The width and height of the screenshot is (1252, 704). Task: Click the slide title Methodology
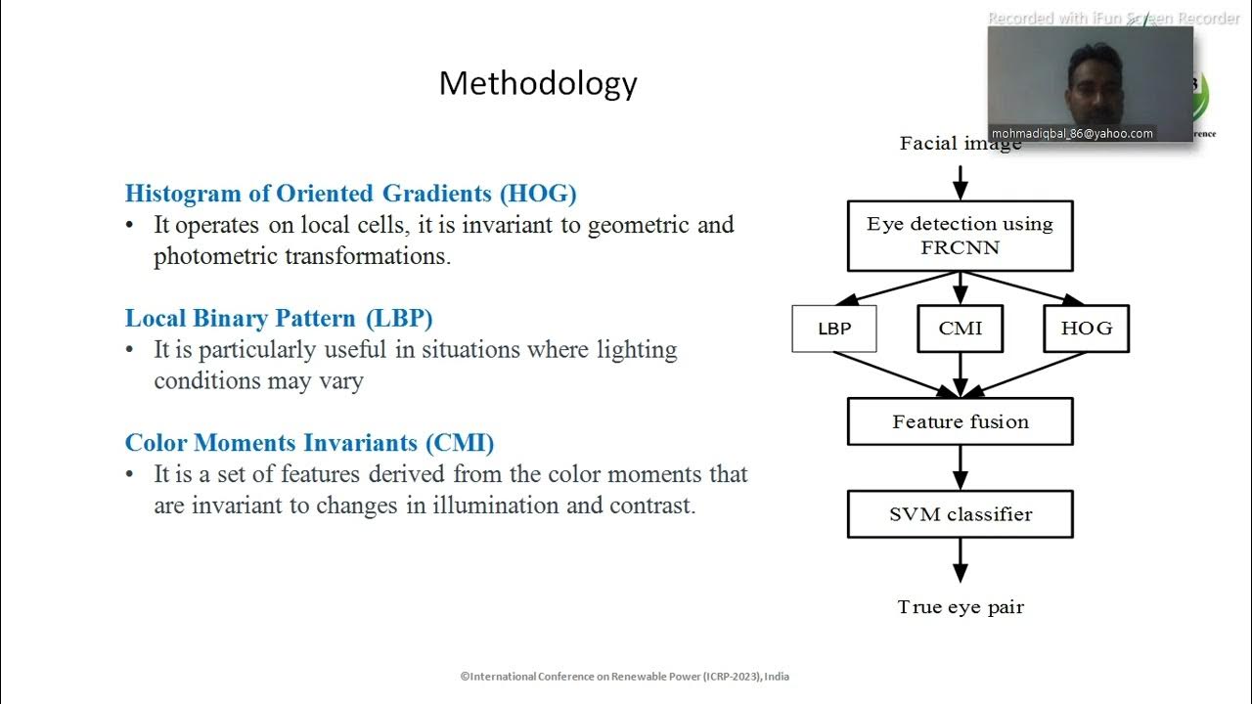[x=538, y=83]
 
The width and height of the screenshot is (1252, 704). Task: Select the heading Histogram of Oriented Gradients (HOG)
[x=350, y=193]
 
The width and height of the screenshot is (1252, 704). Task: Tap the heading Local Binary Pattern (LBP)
[x=279, y=318]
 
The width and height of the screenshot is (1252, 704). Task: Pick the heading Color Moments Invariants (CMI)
[x=309, y=443]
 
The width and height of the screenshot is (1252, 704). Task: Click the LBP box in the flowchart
[x=833, y=329]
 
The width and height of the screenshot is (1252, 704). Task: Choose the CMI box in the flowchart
[x=960, y=329]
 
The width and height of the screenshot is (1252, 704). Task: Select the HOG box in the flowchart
[x=1086, y=329]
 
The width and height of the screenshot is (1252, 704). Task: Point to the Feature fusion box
[x=960, y=422]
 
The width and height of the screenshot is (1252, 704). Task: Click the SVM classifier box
[x=960, y=514]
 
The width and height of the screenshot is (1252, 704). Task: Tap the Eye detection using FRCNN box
[x=960, y=236]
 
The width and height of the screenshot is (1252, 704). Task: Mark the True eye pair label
[x=961, y=607]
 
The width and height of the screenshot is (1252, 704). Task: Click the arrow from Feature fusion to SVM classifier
[x=960, y=467]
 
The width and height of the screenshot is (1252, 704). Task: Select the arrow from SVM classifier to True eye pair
[x=960, y=560]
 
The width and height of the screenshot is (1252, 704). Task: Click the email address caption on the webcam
[x=1072, y=134]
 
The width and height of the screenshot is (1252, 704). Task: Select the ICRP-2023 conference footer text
[x=625, y=676]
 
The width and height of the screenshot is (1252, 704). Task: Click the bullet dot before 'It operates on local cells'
[x=130, y=225]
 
